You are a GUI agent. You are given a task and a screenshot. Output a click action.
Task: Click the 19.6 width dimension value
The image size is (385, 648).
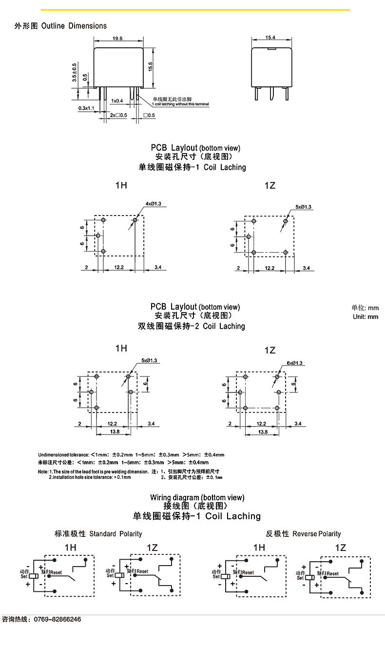pos(117,39)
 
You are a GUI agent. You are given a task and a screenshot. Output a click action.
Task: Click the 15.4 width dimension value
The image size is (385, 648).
pos(271,38)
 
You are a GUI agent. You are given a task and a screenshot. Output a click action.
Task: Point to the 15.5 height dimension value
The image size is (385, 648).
pos(151,66)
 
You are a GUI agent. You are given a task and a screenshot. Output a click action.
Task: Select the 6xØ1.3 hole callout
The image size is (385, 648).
pos(295,363)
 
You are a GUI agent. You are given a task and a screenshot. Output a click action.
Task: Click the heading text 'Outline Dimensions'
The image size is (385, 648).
pos(74,26)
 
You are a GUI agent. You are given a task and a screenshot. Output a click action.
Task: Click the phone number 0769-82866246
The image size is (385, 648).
pos(57,619)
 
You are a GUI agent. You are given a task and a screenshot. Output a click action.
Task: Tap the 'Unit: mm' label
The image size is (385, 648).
pos(366,317)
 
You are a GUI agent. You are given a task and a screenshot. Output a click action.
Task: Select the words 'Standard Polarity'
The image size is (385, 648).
pos(115,534)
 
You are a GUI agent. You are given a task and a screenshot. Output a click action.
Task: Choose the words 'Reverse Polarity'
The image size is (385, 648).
pos(317,534)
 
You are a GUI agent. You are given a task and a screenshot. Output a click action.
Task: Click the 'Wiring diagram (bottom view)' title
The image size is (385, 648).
pos(197,497)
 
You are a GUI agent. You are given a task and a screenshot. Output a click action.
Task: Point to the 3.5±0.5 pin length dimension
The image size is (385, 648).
pos(75,72)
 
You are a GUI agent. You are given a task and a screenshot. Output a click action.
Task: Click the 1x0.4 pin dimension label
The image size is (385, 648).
pos(117,101)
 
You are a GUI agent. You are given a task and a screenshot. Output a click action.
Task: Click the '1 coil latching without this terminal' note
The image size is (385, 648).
pos(181,104)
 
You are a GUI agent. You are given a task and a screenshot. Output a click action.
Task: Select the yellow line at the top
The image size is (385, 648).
pos(195,10)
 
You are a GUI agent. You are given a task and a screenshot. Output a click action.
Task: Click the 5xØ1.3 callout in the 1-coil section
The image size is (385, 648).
pos(304,207)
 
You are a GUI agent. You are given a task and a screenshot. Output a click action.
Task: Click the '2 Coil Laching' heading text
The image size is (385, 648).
pos(219,326)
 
